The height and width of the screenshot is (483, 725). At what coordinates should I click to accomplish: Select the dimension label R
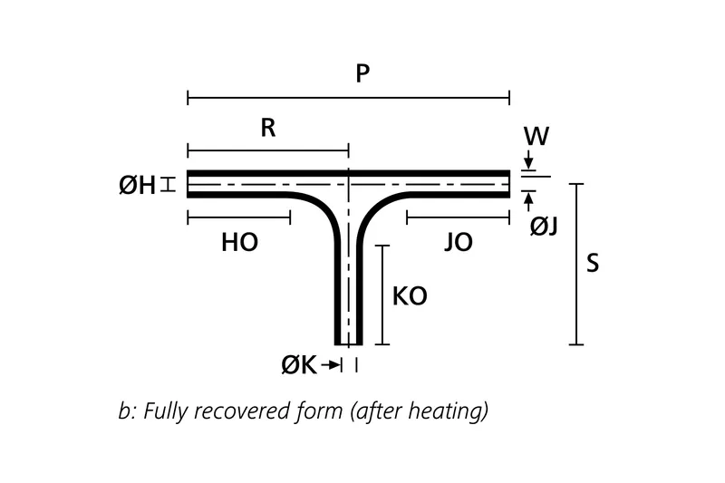point(268,128)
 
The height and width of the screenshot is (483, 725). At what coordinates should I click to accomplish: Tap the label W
point(536,138)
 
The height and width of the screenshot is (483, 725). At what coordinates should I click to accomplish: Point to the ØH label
point(137,186)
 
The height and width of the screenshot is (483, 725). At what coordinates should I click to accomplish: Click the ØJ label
point(544,226)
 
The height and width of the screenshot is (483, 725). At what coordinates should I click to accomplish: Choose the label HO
point(240,243)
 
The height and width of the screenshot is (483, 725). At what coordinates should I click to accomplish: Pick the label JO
point(459,243)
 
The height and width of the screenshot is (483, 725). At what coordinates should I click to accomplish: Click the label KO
point(409,296)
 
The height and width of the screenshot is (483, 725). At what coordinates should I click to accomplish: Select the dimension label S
point(594,263)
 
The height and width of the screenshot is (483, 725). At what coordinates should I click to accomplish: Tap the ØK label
point(299,365)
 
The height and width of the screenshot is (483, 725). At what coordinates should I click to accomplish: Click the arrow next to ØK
point(332,365)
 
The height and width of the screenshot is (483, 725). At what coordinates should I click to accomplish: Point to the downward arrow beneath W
point(528,161)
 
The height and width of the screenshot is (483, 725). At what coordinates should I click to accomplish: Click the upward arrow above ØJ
point(528,198)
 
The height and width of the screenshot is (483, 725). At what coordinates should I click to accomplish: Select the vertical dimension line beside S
point(575,264)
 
